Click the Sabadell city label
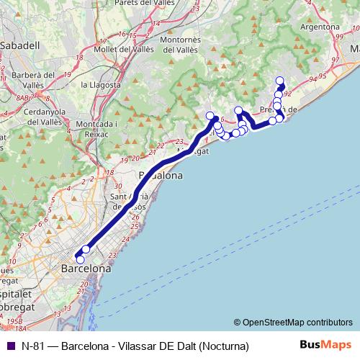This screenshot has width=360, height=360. coord(19,45)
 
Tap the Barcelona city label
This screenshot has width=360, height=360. coord(86,268)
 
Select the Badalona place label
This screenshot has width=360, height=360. coord(160,175)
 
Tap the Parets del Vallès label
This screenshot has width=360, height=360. coord(161,4)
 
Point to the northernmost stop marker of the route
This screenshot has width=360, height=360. coord(280,81)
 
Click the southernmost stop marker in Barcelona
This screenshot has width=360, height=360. coord(80,259)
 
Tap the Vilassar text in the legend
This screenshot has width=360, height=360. coord(143,346)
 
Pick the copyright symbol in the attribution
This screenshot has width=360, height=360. coord(237,322)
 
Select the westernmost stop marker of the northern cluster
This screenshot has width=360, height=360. coord(210,116)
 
